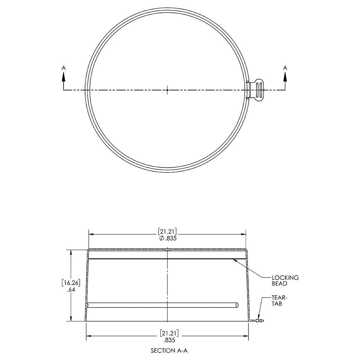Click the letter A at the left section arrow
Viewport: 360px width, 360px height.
(x=63, y=68)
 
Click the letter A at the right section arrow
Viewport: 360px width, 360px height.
(x=285, y=68)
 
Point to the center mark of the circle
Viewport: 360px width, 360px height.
(x=167, y=89)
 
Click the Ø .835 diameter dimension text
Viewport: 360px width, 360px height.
(x=167, y=238)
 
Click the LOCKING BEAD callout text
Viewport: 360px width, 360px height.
(x=285, y=280)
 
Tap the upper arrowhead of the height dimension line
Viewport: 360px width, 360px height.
(x=71, y=252)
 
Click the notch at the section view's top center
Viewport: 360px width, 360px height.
(x=167, y=249)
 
